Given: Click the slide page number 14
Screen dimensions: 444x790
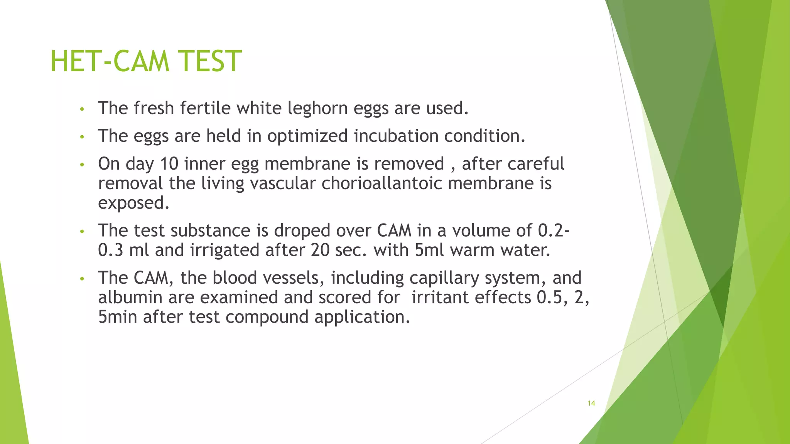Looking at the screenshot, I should tap(591, 404).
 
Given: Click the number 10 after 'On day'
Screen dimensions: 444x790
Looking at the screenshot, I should tap(169, 164).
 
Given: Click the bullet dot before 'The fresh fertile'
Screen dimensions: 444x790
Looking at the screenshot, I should tap(81, 109).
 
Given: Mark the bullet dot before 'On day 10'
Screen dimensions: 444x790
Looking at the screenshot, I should tap(81, 165).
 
